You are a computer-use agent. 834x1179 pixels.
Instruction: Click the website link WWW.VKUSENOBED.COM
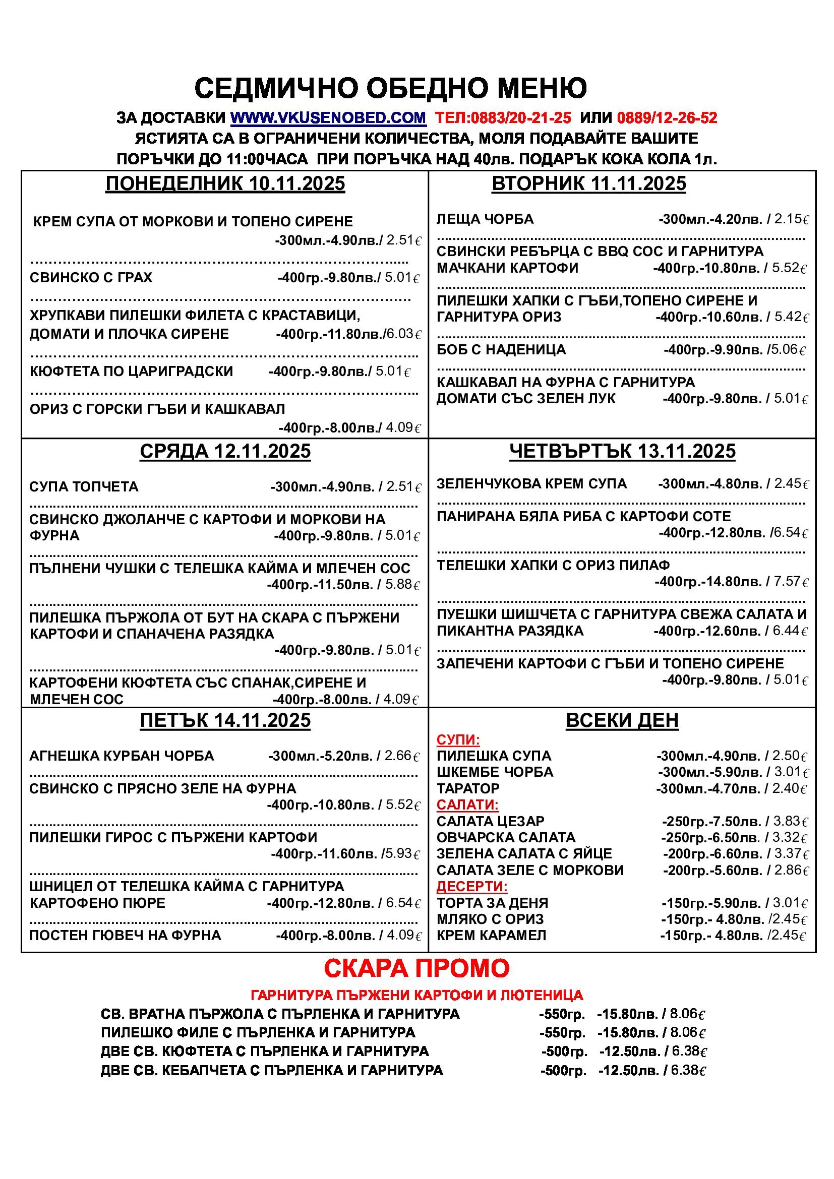(x=328, y=118)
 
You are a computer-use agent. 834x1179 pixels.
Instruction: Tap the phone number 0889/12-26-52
(x=667, y=118)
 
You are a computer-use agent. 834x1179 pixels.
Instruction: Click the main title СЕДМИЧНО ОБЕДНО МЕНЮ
(x=390, y=88)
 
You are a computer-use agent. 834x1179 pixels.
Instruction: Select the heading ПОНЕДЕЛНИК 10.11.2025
(x=225, y=183)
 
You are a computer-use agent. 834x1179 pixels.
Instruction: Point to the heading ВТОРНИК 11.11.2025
(x=588, y=183)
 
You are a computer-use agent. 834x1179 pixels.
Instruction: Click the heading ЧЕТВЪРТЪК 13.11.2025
(x=622, y=451)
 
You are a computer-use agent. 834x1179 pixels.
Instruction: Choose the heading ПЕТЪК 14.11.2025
(x=225, y=720)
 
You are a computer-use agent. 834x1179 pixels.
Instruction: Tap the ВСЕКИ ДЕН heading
(x=622, y=720)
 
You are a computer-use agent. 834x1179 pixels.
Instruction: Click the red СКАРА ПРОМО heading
(x=416, y=968)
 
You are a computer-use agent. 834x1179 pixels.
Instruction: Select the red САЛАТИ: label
(x=467, y=804)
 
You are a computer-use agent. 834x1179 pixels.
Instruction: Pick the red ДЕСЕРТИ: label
(x=472, y=886)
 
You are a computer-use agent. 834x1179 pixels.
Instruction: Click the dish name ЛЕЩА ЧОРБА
(x=485, y=219)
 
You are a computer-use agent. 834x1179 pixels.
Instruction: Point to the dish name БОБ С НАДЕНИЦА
(x=501, y=350)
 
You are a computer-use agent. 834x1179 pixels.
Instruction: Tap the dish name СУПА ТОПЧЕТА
(x=84, y=487)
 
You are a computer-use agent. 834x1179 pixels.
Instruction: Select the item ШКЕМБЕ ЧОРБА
(x=495, y=772)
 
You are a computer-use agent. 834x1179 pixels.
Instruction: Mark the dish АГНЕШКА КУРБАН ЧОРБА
(x=122, y=756)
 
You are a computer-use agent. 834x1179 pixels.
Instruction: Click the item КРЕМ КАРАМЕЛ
(x=491, y=935)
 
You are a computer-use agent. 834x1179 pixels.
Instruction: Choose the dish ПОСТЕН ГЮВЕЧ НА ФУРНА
(x=126, y=935)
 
